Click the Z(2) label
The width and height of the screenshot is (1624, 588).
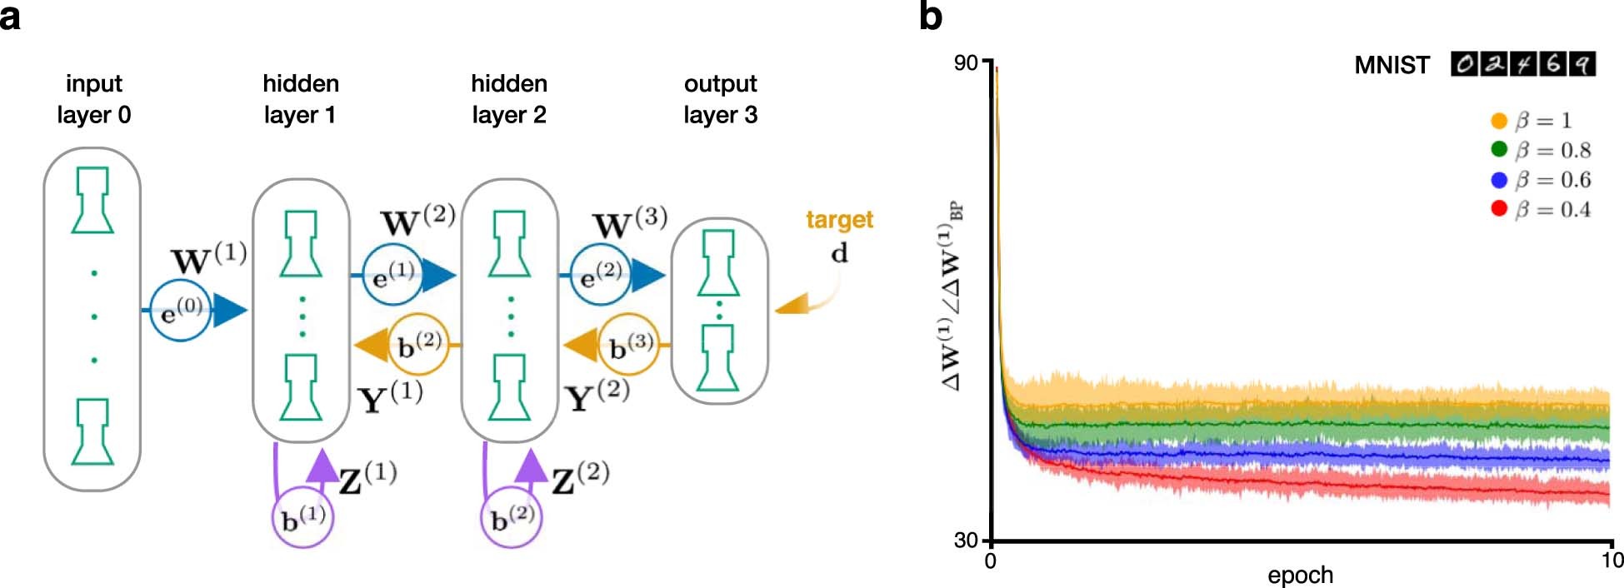580,478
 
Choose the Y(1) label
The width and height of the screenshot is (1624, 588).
390,396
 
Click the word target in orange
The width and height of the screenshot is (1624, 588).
839,220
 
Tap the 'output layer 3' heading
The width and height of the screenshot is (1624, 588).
721,99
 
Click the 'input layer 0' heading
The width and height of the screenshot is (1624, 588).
94,99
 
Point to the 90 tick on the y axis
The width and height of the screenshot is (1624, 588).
966,62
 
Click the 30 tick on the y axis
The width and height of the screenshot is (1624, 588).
966,541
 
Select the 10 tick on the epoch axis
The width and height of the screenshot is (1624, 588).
1612,561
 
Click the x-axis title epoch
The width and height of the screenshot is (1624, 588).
1300,576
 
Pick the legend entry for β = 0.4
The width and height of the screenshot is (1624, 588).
1542,209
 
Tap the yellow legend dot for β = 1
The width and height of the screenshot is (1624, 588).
1499,121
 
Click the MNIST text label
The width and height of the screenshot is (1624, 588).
1392,65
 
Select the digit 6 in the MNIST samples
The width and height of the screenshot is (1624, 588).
1553,64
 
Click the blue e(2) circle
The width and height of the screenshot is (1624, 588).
600,276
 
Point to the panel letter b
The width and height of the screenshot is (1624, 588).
931,17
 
